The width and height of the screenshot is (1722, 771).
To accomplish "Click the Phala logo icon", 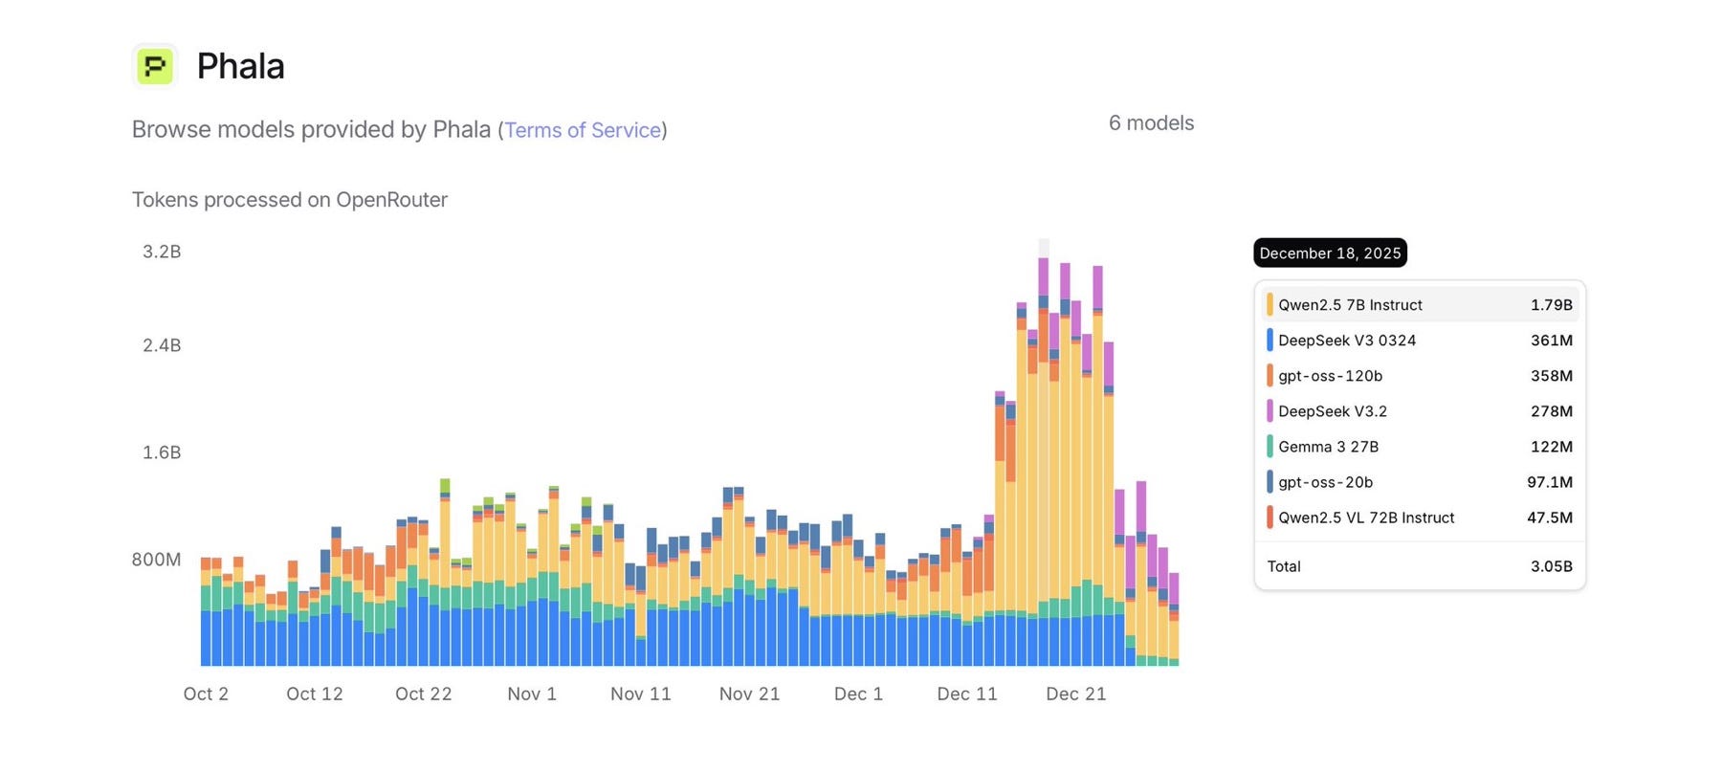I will click(155, 66).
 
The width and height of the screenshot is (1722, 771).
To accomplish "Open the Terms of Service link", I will click(583, 130).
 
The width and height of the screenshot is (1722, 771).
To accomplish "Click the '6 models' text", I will click(1151, 123).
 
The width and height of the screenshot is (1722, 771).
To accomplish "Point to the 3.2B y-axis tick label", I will click(162, 252).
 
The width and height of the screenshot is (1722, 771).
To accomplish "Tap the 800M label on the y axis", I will click(156, 560).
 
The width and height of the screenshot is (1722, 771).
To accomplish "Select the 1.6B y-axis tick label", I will click(162, 452).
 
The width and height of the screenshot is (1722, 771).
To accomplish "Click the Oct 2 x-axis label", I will click(206, 694).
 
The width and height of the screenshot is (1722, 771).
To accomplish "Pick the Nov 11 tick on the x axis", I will click(641, 694).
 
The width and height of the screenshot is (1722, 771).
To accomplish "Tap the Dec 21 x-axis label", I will click(1076, 694).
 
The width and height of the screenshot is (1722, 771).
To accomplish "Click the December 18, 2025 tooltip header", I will click(1330, 253).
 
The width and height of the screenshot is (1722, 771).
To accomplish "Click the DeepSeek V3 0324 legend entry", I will click(1346, 341).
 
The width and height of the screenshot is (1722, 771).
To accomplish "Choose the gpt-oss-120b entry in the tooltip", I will click(1330, 376).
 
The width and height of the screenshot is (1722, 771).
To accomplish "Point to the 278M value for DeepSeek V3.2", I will click(1551, 411).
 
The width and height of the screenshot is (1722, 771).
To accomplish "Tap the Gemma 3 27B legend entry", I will click(1328, 447).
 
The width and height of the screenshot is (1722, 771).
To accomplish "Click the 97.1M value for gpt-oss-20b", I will click(1550, 482).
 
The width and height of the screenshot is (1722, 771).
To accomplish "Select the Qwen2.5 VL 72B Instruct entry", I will click(1365, 518).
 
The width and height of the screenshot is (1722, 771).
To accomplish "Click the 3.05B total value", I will click(1551, 566).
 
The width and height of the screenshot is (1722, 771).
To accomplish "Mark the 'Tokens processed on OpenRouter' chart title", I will click(290, 200).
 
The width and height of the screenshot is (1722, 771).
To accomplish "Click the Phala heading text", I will click(240, 66).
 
